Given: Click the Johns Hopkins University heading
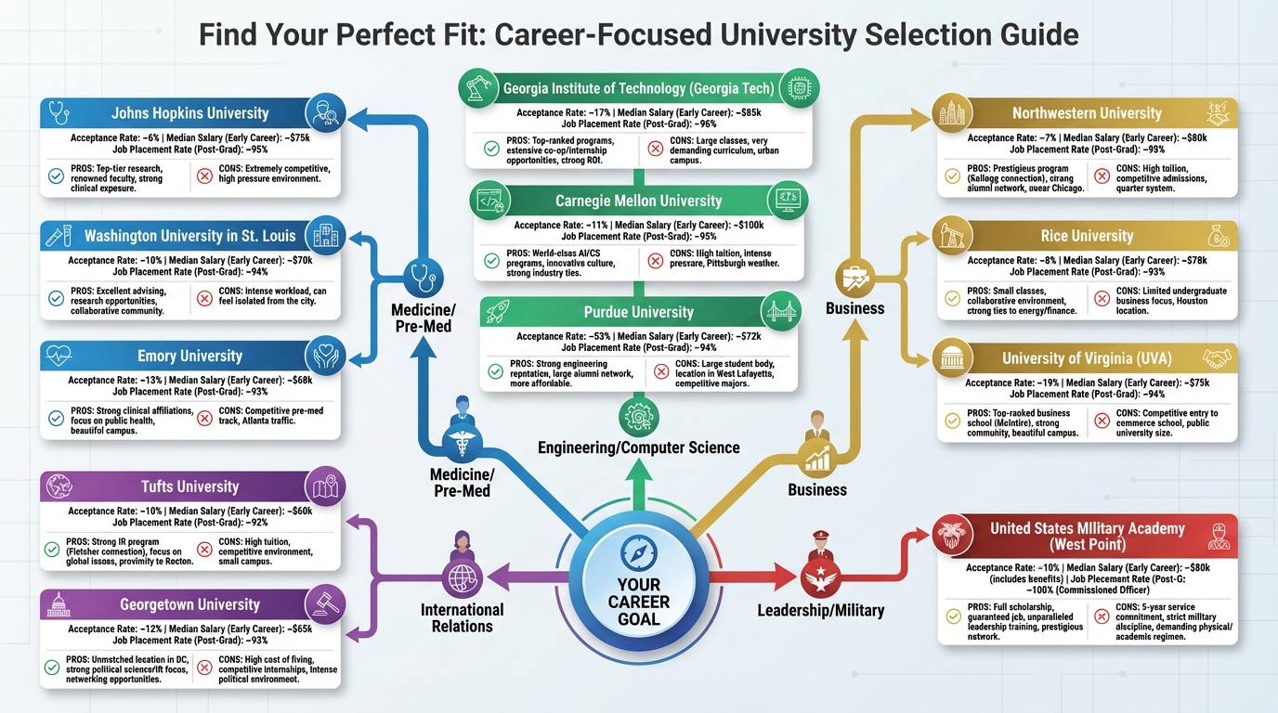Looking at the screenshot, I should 189,113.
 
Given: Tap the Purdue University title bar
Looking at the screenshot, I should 638,312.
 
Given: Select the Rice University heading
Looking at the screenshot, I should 1087,236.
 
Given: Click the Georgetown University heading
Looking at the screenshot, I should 189,604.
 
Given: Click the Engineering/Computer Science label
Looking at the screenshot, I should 638,447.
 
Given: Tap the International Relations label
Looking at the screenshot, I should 462,618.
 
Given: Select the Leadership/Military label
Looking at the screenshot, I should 820,610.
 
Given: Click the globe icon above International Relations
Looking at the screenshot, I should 462,577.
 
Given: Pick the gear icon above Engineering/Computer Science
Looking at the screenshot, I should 638,417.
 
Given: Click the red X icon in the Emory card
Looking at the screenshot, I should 204,419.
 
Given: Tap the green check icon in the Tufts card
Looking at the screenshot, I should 53,550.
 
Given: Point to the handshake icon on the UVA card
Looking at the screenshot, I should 1218,358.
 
